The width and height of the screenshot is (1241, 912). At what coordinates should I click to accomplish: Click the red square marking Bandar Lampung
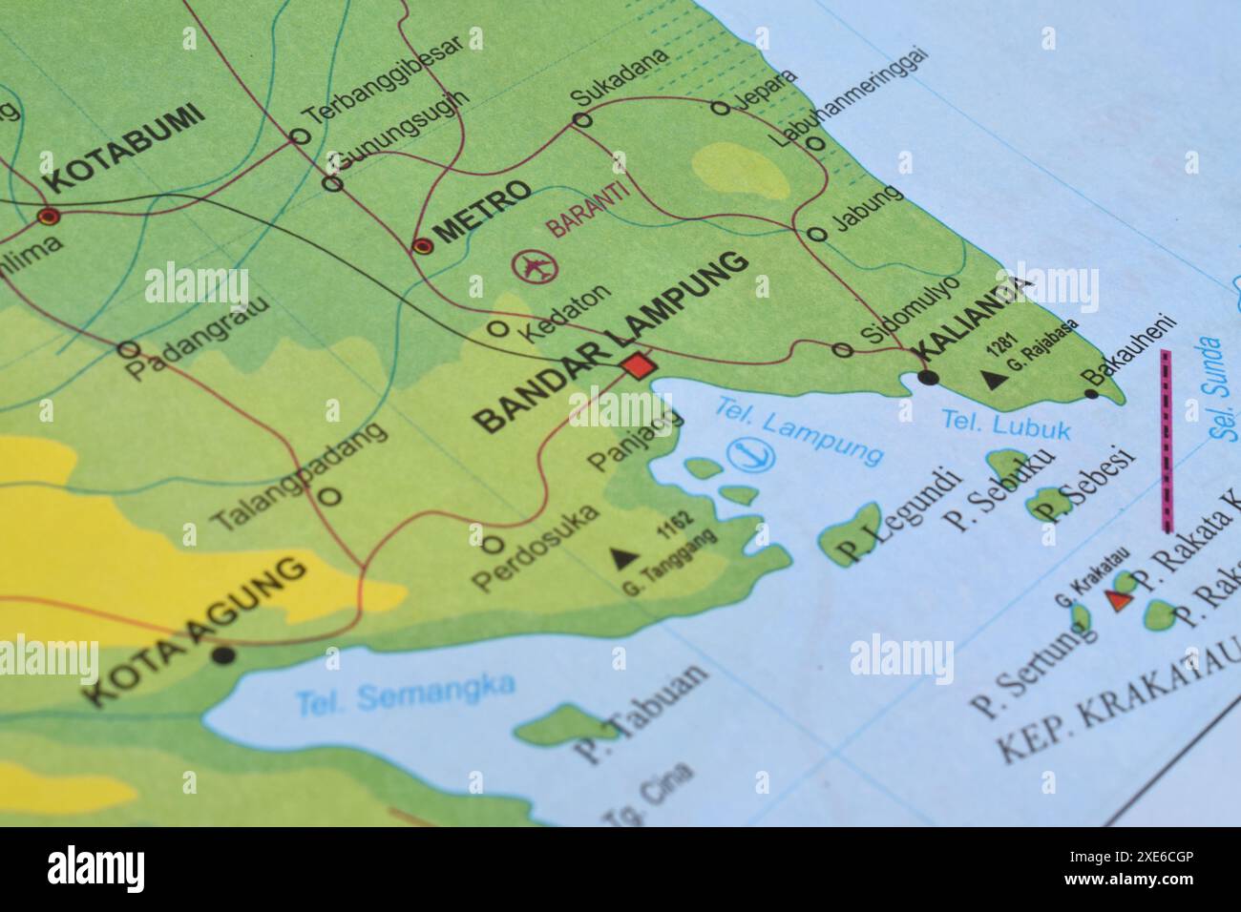[638, 365]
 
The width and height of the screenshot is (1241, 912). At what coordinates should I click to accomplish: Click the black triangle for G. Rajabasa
[996, 380]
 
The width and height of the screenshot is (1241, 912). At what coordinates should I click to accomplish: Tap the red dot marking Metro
[422, 246]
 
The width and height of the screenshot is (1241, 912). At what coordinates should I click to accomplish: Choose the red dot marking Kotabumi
[48, 217]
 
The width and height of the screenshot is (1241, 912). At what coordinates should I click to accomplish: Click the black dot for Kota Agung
[224, 654]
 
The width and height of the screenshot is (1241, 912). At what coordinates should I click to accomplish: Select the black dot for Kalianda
[928, 378]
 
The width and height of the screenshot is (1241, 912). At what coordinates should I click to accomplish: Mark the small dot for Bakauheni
[1091, 393]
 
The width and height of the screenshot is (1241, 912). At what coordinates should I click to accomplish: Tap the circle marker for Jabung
[816, 234]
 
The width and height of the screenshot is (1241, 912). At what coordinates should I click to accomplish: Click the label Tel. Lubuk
[1005, 424]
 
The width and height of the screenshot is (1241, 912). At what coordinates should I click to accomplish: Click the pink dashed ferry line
[1167, 439]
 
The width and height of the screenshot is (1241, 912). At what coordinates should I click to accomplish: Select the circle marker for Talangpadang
[329, 496]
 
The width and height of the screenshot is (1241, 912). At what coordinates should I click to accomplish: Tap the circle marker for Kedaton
[497, 329]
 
